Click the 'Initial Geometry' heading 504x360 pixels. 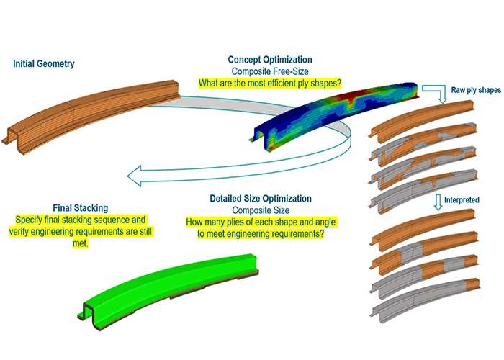click(x=43, y=64)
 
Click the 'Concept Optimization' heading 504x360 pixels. click(x=270, y=60)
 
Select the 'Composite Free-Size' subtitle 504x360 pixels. click(x=270, y=71)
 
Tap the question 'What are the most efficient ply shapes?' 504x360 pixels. click(x=270, y=84)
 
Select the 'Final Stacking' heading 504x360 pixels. click(x=81, y=207)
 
